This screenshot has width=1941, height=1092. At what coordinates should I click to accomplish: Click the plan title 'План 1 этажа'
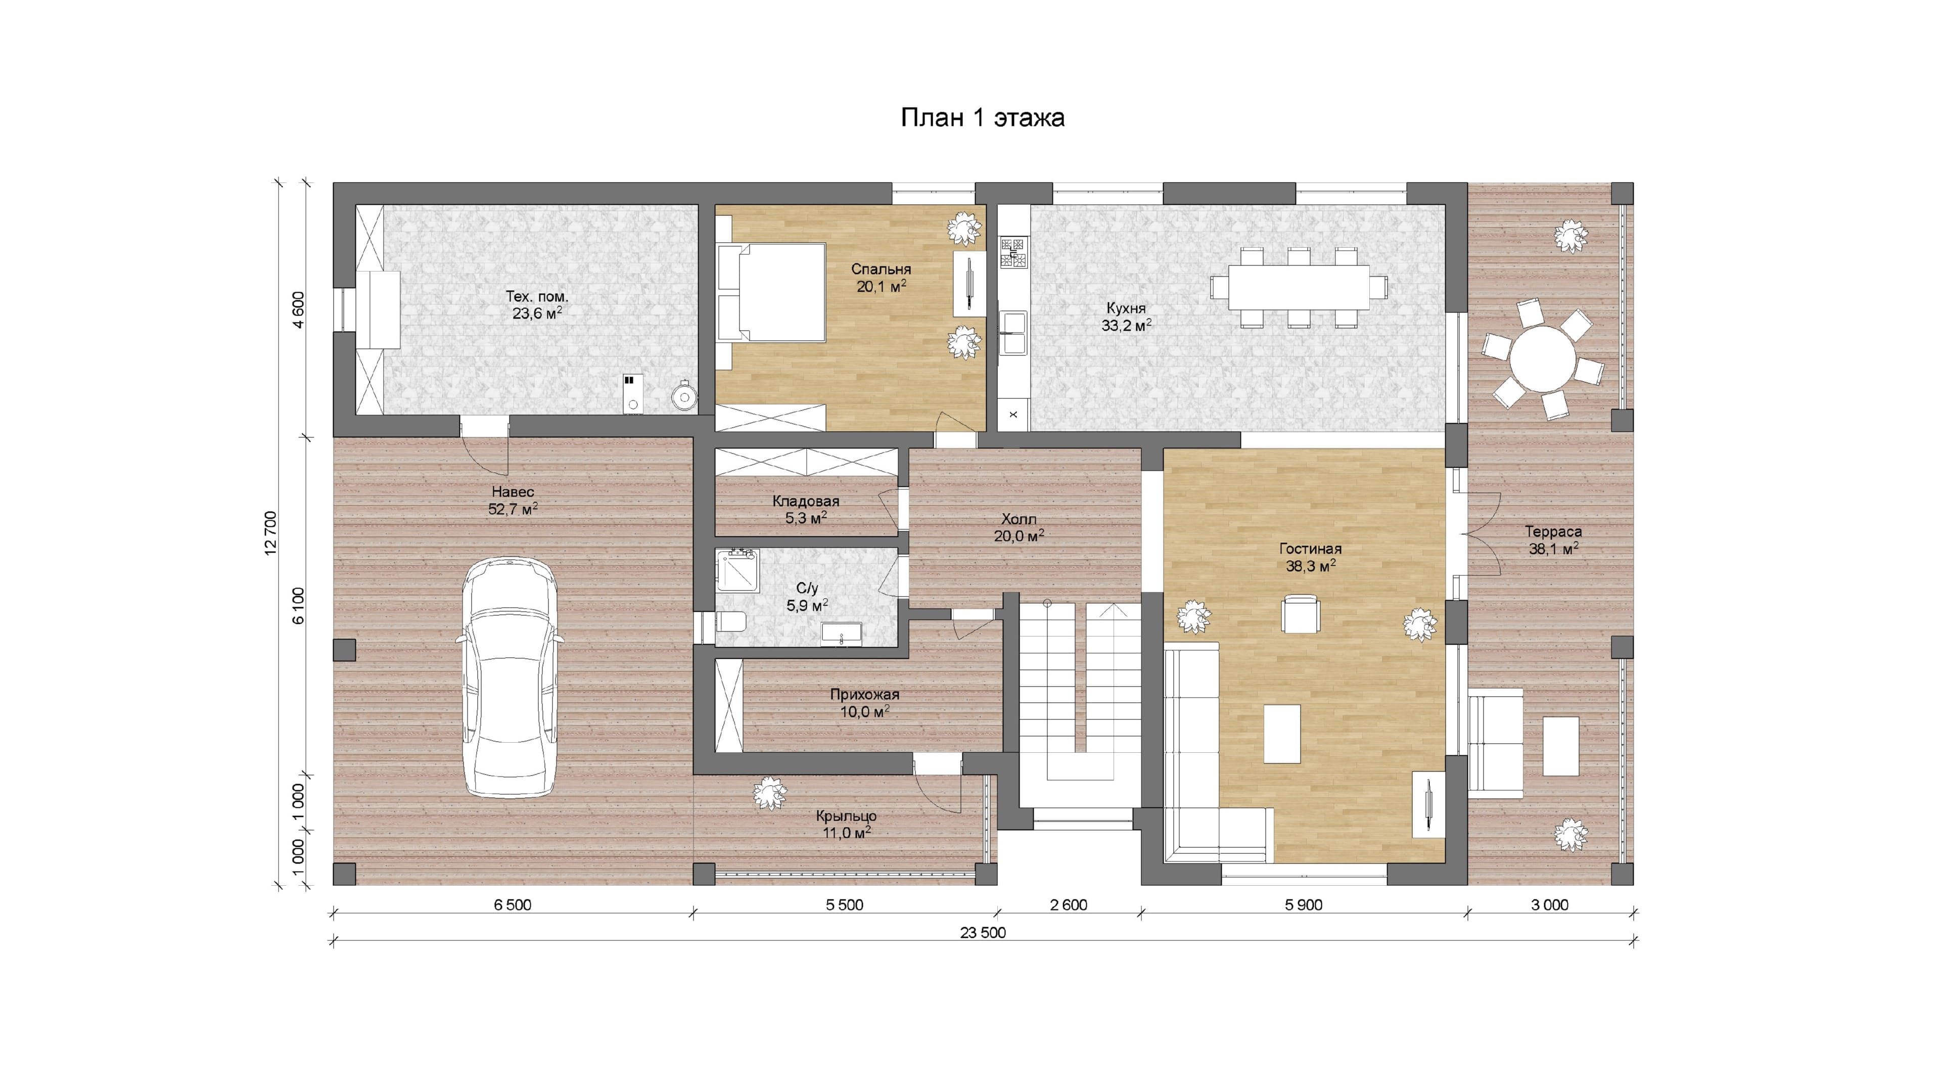tap(983, 118)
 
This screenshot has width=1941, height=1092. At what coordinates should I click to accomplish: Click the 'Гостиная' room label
tap(1310, 549)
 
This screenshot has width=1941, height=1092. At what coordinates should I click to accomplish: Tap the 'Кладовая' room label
tap(806, 501)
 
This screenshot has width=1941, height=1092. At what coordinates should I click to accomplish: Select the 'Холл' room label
tap(1019, 519)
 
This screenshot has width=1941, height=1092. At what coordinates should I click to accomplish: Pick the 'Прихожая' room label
tap(864, 695)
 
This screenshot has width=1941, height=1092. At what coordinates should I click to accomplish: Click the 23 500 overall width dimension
tap(983, 932)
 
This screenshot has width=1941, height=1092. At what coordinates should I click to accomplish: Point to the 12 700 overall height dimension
tap(271, 533)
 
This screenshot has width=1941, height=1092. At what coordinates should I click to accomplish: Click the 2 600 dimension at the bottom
tap(1069, 905)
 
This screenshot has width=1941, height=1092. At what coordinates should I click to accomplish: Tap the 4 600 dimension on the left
tap(299, 309)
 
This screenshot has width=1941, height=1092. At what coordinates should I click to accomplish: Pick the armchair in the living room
tap(1301, 613)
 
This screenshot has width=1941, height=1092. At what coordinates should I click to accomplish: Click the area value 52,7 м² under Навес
tap(513, 509)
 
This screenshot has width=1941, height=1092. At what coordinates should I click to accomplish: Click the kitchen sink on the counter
tap(1013, 333)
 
